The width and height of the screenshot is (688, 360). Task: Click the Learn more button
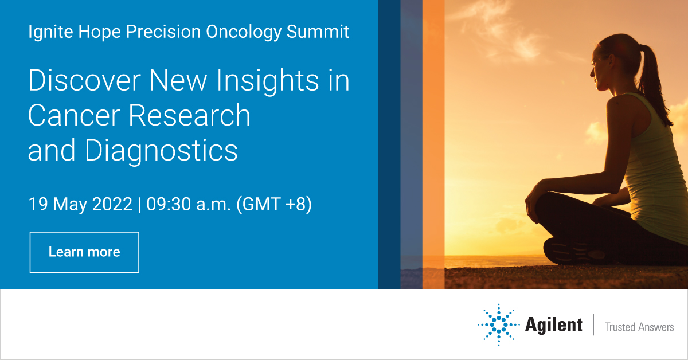(x=84, y=252)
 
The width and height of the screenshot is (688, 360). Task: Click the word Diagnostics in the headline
(x=161, y=150)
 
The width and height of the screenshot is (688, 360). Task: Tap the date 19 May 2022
(x=80, y=205)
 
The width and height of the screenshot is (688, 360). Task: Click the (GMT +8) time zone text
(x=274, y=205)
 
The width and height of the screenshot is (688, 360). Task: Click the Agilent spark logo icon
(x=498, y=325)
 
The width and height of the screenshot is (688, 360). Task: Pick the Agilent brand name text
(x=553, y=325)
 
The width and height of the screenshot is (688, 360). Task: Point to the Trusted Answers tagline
(x=639, y=327)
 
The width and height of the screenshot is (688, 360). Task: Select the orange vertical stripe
(x=433, y=143)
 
